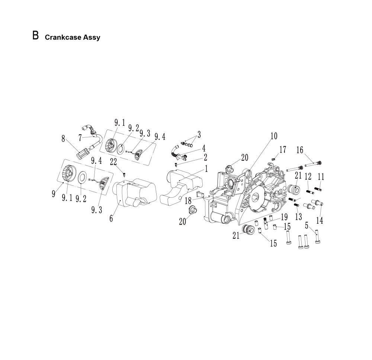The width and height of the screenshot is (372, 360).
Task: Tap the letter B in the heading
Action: [x=36, y=36]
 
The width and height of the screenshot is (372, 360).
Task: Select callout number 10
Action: [x=274, y=136]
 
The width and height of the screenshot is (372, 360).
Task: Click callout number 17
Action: [x=283, y=150]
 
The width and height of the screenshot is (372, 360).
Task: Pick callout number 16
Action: [x=300, y=150]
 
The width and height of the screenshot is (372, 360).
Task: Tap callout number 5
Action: [x=307, y=225]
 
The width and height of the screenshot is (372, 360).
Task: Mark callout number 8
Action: [x=63, y=139]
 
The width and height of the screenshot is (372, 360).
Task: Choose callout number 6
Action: [x=111, y=218]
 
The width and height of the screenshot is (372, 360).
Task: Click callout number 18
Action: [x=188, y=201]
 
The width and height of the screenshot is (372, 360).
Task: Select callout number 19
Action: [x=284, y=217]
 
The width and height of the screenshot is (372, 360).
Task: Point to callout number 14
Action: [x=320, y=220]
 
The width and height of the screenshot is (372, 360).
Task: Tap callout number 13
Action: [x=298, y=217]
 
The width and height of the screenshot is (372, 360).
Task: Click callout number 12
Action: [x=308, y=176]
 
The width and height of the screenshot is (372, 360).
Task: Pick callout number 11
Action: [x=321, y=177]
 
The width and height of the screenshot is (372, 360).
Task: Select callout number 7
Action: [x=80, y=138]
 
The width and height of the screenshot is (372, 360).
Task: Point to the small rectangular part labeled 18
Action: [x=200, y=194]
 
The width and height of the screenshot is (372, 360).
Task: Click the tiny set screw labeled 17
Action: [x=273, y=158]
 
